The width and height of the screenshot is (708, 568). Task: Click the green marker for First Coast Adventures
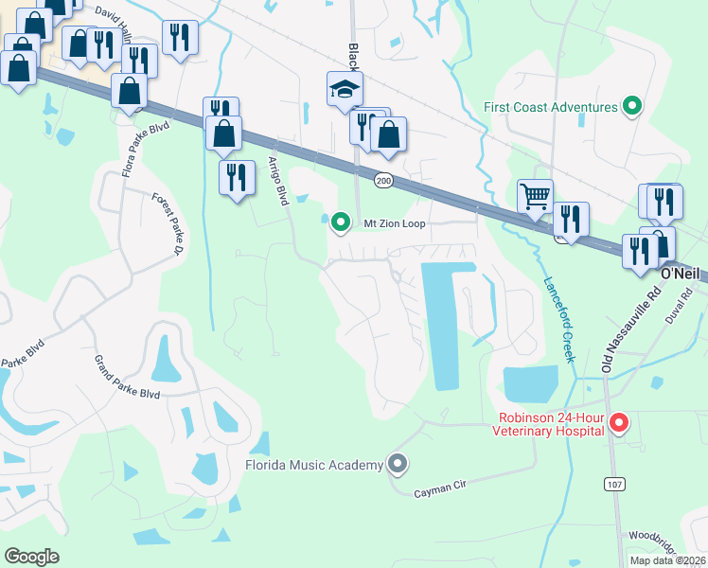click(631, 106)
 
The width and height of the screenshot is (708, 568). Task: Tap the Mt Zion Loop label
click(391, 223)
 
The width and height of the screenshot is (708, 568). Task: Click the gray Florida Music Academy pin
click(398, 464)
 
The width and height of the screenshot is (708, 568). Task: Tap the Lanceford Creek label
click(558, 319)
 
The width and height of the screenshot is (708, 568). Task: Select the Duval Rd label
click(686, 306)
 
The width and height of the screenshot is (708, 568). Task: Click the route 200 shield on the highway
click(382, 180)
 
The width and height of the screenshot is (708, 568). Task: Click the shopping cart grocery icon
click(535, 197)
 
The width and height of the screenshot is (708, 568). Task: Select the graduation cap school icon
click(345, 89)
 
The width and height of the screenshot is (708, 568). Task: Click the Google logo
click(31, 557)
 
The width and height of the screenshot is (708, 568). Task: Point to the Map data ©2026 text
click(666, 560)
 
